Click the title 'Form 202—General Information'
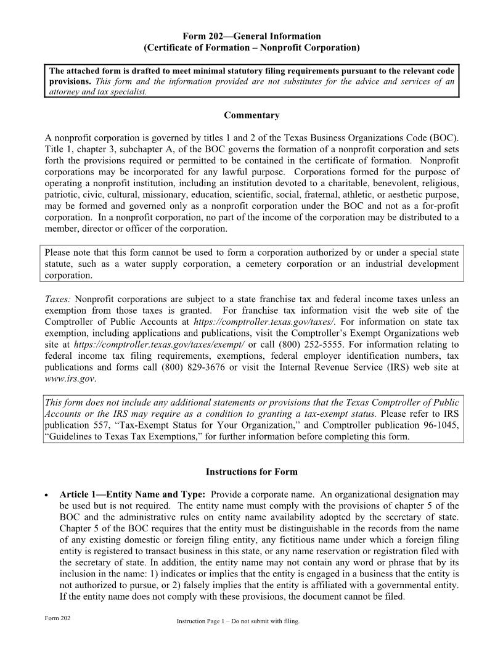click(251, 36)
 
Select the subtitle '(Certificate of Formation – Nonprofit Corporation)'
click(251, 47)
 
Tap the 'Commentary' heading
click(251, 115)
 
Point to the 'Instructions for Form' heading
click(251, 472)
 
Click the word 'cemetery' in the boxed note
click(307, 264)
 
